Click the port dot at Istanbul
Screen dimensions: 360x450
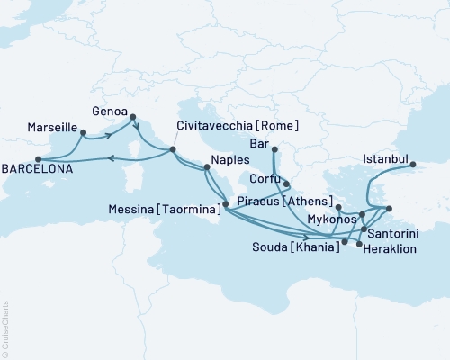click(413, 165)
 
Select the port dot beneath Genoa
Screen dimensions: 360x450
click(132, 116)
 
